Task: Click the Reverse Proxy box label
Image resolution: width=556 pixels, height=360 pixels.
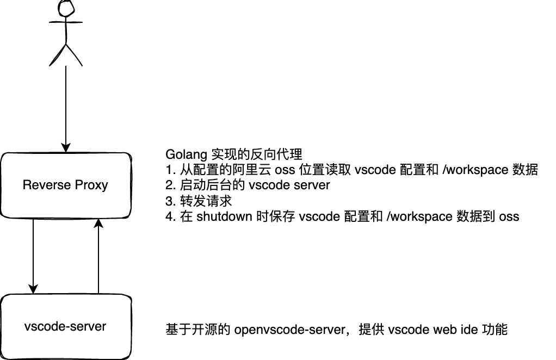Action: point(65,185)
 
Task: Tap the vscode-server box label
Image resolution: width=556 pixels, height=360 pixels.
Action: point(65,327)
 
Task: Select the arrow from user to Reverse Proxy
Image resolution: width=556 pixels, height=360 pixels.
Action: point(66,109)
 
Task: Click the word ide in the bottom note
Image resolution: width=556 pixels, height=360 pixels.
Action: point(468,330)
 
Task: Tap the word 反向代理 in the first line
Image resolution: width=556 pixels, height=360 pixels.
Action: point(276,154)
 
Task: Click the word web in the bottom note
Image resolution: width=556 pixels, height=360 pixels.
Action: point(445,330)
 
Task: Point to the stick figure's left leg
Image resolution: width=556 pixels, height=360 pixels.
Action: point(57,55)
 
